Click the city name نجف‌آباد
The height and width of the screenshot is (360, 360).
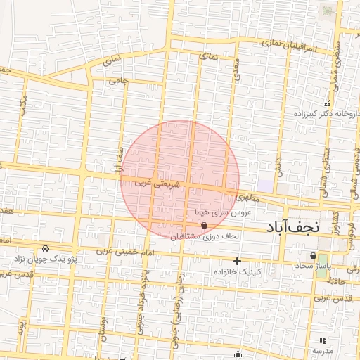pyautogui.click(x=292, y=227)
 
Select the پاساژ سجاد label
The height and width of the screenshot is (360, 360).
pyautogui.click(x=313, y=266)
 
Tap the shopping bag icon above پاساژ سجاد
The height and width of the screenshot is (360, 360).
pyautogui.click(x=312, y=255)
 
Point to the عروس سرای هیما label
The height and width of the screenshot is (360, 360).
pyautogui.click(x=223, y=212)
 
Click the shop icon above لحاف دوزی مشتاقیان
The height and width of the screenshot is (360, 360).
pyautogui.click(x=204, y=226)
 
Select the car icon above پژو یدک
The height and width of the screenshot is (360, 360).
pyautogui.click(x=46, y=248)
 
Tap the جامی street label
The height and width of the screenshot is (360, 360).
pyautogui.click(x=119, y=81)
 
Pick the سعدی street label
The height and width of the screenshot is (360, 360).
pyautogui.click(x=235, y=67)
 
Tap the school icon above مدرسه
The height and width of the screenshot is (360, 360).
pyautogui.click(x=323, y=340)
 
